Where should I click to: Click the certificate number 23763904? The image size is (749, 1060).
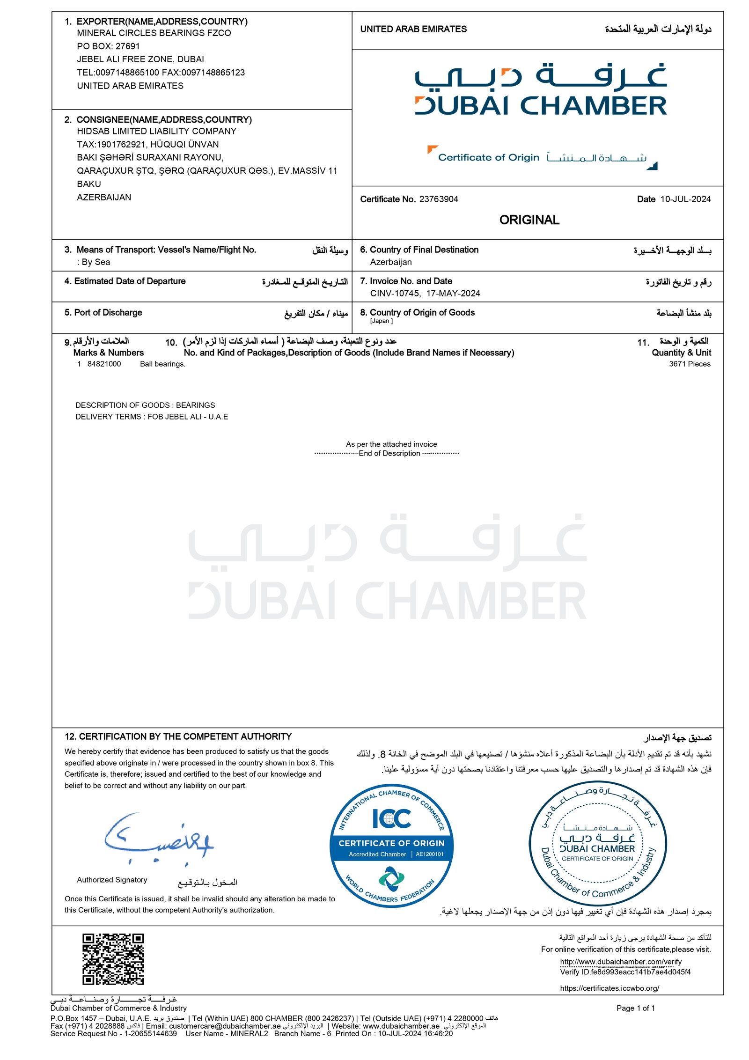(438, 199)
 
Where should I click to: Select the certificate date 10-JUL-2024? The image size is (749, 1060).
(685, 199)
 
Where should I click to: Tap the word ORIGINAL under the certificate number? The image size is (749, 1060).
(529, 220)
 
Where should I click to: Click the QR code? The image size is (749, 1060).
(113, 959)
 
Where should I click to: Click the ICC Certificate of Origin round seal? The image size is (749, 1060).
(391, 845)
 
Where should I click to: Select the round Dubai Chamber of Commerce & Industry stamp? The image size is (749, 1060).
(597, 843)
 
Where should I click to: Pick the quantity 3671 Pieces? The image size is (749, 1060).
(689, 364)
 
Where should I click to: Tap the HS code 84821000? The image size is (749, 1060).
(104, 364)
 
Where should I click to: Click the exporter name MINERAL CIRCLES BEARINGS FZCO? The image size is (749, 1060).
(154, 33)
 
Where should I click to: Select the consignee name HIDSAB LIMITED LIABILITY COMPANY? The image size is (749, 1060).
(156, 132)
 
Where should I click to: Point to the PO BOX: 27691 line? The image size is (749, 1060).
(108, 46)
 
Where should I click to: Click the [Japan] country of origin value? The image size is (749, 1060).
(381, 321)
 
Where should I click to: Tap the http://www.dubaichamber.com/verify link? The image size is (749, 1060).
(620, 962)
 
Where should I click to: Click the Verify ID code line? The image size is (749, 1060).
(624, 972)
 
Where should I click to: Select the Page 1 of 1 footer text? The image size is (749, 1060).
(635, 1008)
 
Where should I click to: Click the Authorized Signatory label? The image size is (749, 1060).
(112, 880)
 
